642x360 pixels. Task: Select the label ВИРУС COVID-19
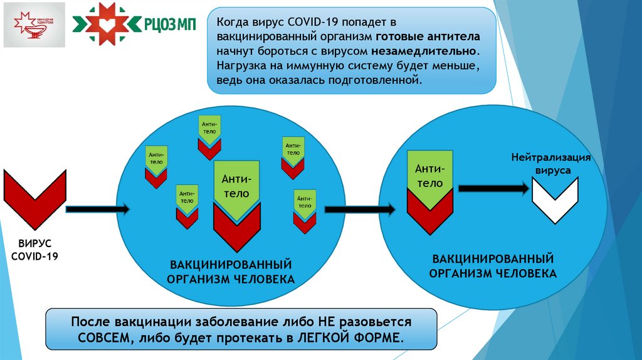34,249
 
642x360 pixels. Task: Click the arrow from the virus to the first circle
97,209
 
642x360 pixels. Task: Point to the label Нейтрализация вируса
551,164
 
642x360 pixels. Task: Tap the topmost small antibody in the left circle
209,127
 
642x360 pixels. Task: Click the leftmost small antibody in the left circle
156,157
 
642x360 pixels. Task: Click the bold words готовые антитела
429,36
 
